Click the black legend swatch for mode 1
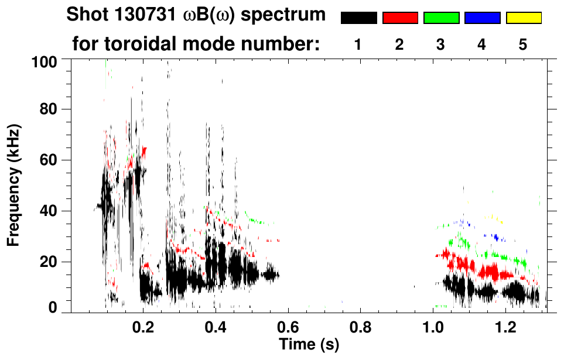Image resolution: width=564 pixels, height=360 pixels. [358, 18]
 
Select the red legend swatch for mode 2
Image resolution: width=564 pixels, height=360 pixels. [400, 18]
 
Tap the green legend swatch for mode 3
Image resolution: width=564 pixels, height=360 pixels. [441, 18]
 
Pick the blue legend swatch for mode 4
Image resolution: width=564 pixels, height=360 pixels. [482, 18]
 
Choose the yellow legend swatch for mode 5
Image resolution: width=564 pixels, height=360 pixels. [524, 18]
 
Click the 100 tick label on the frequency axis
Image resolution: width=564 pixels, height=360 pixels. [45, 61]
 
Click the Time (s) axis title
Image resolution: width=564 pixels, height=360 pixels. [308, 344]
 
